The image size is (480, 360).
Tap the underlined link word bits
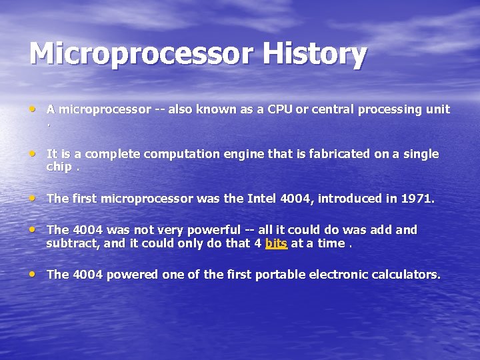276,243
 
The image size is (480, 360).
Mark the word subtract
71,243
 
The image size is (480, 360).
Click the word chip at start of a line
59,167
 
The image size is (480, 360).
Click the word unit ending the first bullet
438,109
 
